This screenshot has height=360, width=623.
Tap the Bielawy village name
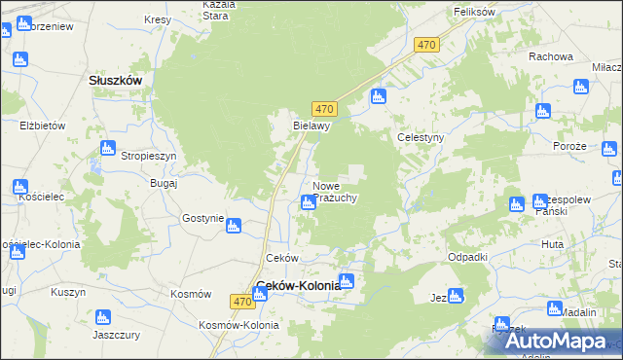(312, 126)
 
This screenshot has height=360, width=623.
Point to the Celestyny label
(421, 138)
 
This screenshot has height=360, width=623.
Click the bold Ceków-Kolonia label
(298, 286)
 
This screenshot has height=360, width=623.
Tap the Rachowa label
(551, 56)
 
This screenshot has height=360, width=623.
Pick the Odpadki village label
(467, 256)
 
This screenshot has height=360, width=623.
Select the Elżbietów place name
(42, 126)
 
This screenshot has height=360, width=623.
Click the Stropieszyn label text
(148, 156)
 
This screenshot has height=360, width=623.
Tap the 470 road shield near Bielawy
(325, 109)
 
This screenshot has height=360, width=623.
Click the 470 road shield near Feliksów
(426, 45)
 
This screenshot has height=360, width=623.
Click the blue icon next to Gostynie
(233, 227)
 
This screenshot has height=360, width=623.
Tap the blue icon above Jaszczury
(101, 317)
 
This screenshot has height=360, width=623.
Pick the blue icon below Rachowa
(582, 86)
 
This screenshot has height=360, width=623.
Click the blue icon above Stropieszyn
(108, 148)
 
